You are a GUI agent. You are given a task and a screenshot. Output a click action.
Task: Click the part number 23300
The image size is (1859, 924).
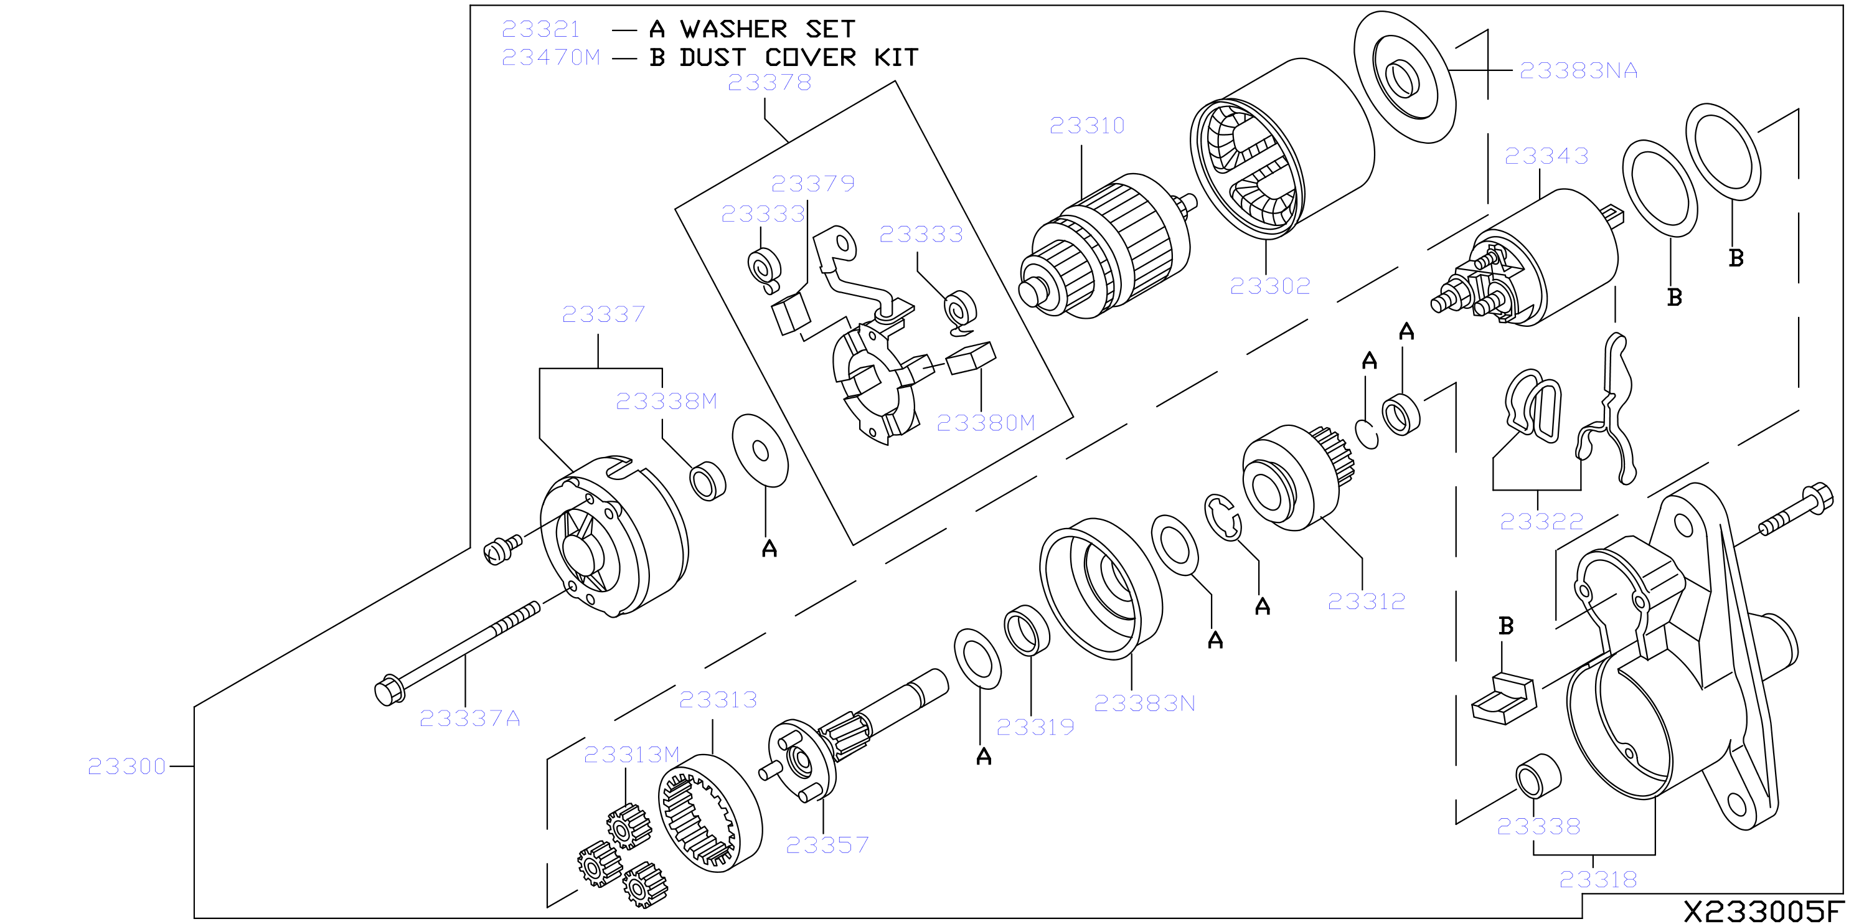tap(127, 766)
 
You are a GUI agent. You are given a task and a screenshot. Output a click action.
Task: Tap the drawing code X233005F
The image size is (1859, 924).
tap(1764, 910)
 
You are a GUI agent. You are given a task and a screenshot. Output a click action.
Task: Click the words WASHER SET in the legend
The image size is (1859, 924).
tap(768, 29)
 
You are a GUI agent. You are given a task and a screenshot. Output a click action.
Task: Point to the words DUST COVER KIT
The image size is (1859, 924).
tap(799, 57)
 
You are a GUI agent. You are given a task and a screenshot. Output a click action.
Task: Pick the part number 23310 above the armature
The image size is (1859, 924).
tap(1087, 126)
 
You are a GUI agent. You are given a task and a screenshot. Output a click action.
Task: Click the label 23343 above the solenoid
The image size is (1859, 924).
tap(1546, 156)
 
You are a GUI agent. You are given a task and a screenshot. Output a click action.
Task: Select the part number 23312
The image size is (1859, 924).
tap(1367, 601)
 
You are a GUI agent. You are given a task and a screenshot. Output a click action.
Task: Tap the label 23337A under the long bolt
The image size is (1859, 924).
tap(470, 719)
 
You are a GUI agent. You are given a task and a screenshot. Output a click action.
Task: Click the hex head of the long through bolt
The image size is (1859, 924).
tap(390, 691)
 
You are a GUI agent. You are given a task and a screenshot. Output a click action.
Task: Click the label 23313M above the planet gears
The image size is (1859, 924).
tap(631, 755)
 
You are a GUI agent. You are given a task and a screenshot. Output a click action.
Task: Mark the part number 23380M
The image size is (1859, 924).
tap(986, 422)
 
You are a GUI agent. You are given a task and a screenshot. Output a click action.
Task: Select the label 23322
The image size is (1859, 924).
tap(1541, 521)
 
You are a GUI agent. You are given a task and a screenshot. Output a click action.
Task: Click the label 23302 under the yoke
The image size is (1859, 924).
tap(1270, 286)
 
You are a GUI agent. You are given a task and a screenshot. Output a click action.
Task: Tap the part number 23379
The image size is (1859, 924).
tap(812, 183)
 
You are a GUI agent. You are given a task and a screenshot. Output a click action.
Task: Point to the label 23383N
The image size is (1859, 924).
tap(1144, 703)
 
